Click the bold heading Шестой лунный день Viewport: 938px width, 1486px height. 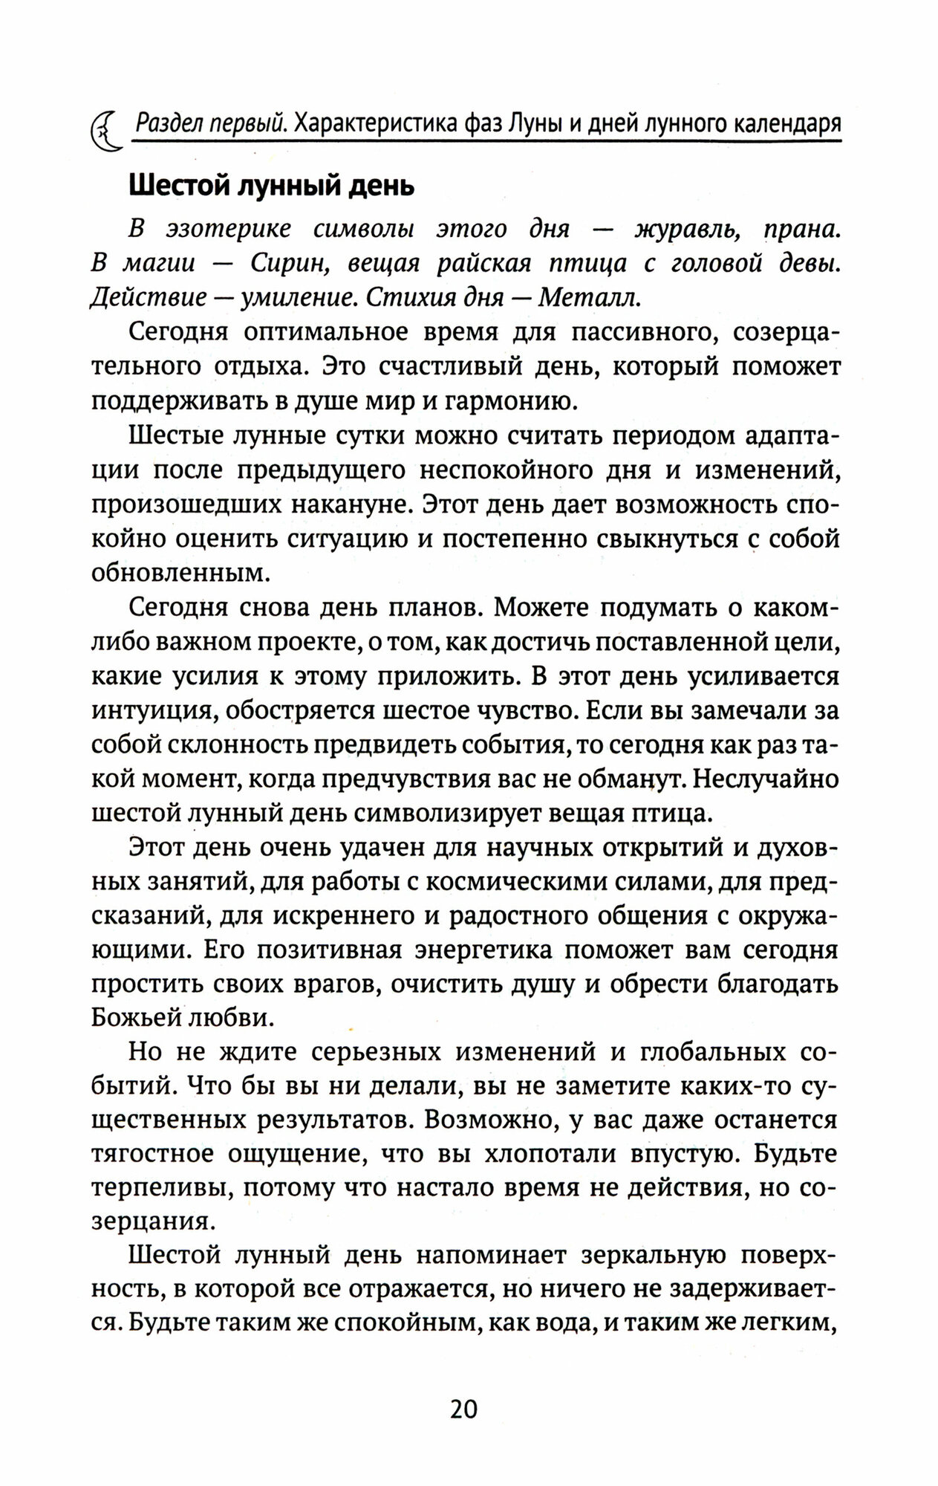pyautogui.click(x=272, y=186)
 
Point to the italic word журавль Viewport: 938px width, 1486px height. pyautogui.click(x=687, y=230)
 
